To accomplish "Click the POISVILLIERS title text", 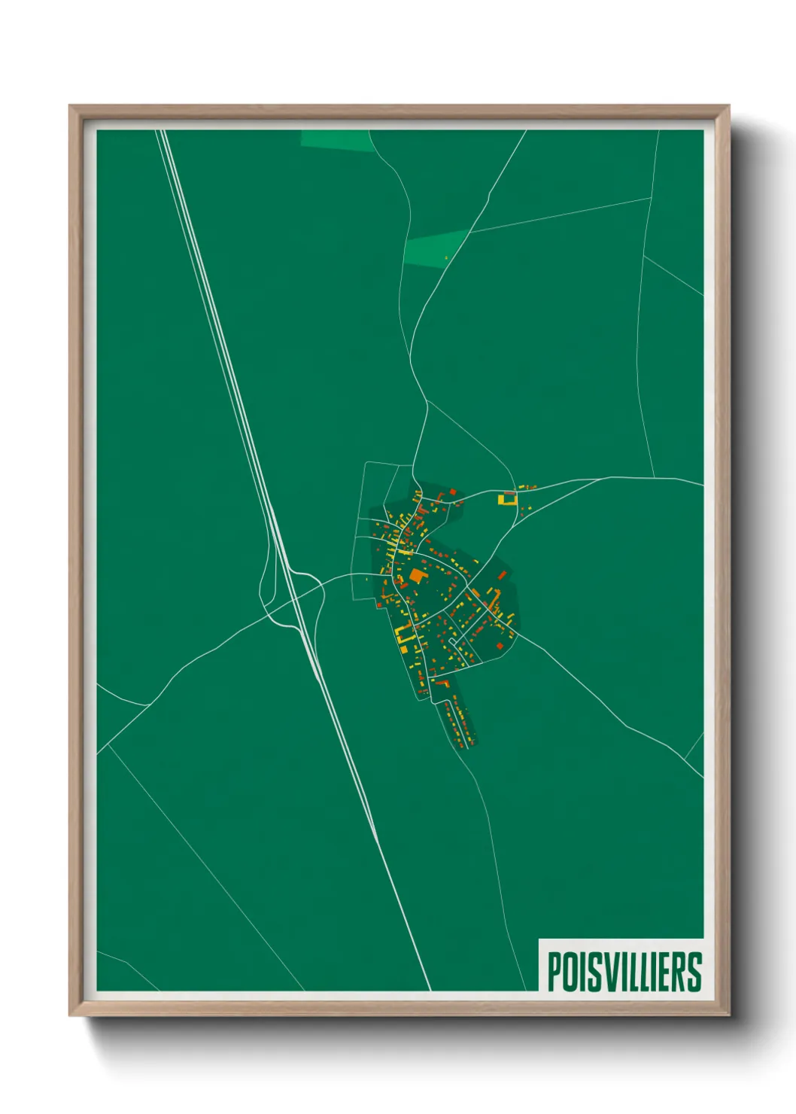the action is coord(624,972).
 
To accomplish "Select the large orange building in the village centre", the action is coord(417,576).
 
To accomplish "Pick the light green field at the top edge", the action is coord(336,140).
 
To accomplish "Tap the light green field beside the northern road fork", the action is coord(435,248).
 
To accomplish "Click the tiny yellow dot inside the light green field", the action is coord(446,258).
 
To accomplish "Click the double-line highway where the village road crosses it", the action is coord(296,595).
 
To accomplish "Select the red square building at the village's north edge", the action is coord(453,492).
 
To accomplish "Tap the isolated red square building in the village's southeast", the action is coord(499,646).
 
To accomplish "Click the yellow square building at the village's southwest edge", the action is coord(403,649).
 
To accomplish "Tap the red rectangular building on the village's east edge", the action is coord(502,576).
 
